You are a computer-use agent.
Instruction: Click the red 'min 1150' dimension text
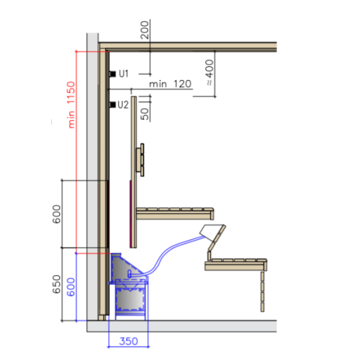point(71,105)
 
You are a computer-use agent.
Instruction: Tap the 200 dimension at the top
point(145,30)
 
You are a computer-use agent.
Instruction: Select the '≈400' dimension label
point(210,73)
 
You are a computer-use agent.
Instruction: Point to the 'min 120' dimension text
point(170,84)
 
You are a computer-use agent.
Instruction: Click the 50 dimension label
point(145,114)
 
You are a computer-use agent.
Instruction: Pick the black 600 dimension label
point(56,214)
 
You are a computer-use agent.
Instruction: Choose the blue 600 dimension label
point(71,287)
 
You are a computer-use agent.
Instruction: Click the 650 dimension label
point(56,284)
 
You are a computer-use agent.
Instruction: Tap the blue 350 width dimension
point(129,341)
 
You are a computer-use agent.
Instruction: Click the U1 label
point(124,73)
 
